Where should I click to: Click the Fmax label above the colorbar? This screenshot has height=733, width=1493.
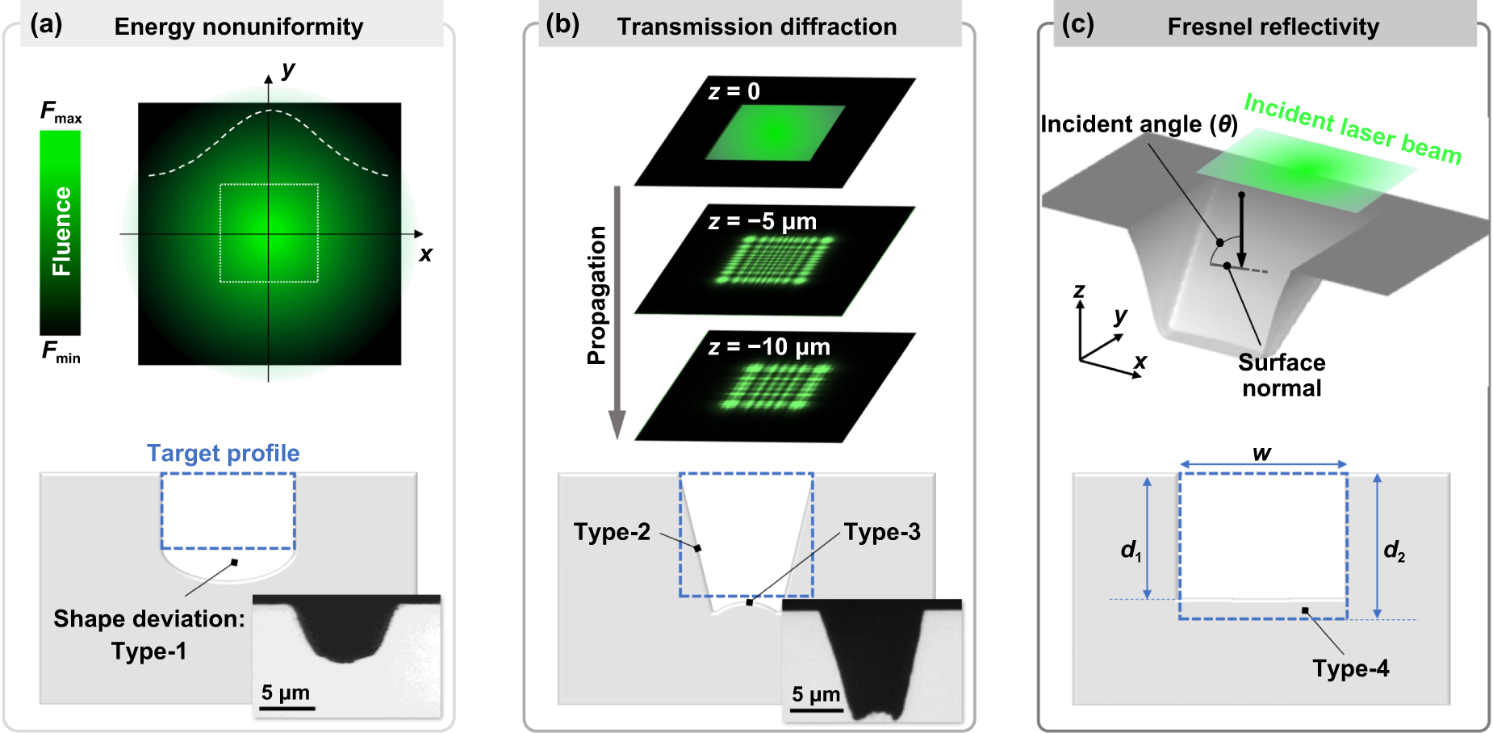pos(61,112)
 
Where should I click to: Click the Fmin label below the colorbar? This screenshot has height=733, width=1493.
pos(61,352)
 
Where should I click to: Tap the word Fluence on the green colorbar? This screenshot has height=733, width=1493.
pos(61,232)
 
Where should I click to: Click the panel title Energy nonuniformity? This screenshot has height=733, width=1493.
pos(238,27)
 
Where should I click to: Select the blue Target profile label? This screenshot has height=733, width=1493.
pos(223,453)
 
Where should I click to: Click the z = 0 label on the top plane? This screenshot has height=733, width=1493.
pos(734,92)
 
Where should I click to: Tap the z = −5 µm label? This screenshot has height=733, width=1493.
pos(762,221)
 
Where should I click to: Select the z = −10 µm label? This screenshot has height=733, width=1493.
pos(768,347)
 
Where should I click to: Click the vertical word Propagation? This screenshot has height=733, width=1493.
pos(596,295)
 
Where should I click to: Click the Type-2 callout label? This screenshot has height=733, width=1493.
pos(611,532)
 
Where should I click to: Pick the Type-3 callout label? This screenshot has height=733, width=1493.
pos(881,532)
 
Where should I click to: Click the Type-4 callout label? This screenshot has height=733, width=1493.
pos(1350,668)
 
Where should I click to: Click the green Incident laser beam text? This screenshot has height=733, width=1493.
pos(1352,128)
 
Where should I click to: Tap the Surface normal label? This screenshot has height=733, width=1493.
pos(1282,375)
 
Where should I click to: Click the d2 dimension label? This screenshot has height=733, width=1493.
pos(1394,551)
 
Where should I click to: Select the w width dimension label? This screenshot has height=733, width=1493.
pos(1261,454)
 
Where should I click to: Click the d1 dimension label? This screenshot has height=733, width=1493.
pos(1131,551)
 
